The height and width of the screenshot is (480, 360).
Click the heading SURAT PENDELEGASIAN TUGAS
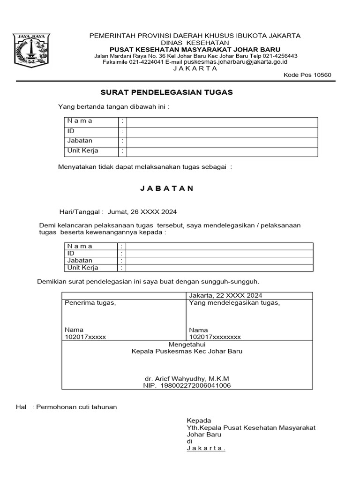(167, 92)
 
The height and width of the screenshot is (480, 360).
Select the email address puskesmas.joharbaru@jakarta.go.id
(235, 61)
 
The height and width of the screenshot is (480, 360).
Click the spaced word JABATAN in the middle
(167, 188)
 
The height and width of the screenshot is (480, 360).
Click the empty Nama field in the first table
(222, 121)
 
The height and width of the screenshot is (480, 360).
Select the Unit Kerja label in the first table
(83, 151)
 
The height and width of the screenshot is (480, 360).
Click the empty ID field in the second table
(219, 253)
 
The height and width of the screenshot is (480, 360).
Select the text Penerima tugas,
(90, 303)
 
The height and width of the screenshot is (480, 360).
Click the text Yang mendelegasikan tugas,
(234, 303)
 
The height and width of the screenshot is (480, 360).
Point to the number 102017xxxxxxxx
(215, 337)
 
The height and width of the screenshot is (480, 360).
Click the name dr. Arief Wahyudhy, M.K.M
(187, 378)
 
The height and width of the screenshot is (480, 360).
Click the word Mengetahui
(187, 344)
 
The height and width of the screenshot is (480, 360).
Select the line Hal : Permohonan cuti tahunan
(67, 407)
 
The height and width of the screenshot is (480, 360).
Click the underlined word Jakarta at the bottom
(206, 448)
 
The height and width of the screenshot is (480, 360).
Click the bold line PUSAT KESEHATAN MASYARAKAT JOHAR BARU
(195, 49)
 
